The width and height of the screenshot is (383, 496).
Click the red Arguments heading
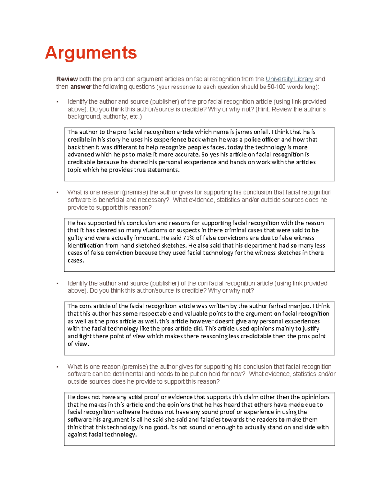pos(91,53)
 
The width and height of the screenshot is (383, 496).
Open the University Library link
pos(289,79)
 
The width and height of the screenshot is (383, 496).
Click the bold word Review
pos(67,79)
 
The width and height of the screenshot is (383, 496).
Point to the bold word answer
pos(81,87)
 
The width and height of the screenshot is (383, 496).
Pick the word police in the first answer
pos(252,140)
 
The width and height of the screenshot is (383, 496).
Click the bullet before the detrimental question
pos(57,367)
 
